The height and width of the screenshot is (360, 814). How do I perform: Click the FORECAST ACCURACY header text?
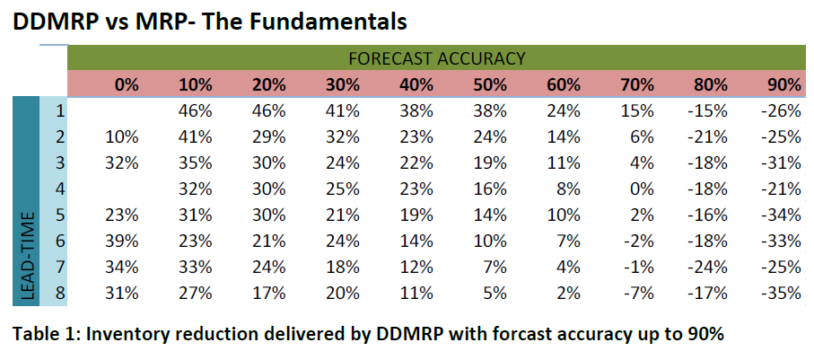tap(437, 58)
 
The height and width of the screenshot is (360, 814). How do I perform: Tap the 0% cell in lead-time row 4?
tap(639, 189)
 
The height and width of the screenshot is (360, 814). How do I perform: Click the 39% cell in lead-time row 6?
tap(124, 241)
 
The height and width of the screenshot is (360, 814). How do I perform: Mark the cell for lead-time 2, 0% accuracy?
tap(124, 137)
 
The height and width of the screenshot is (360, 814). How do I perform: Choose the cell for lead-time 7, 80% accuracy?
tap(709, 267)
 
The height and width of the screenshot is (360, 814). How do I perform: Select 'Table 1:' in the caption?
tap(45, 334)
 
